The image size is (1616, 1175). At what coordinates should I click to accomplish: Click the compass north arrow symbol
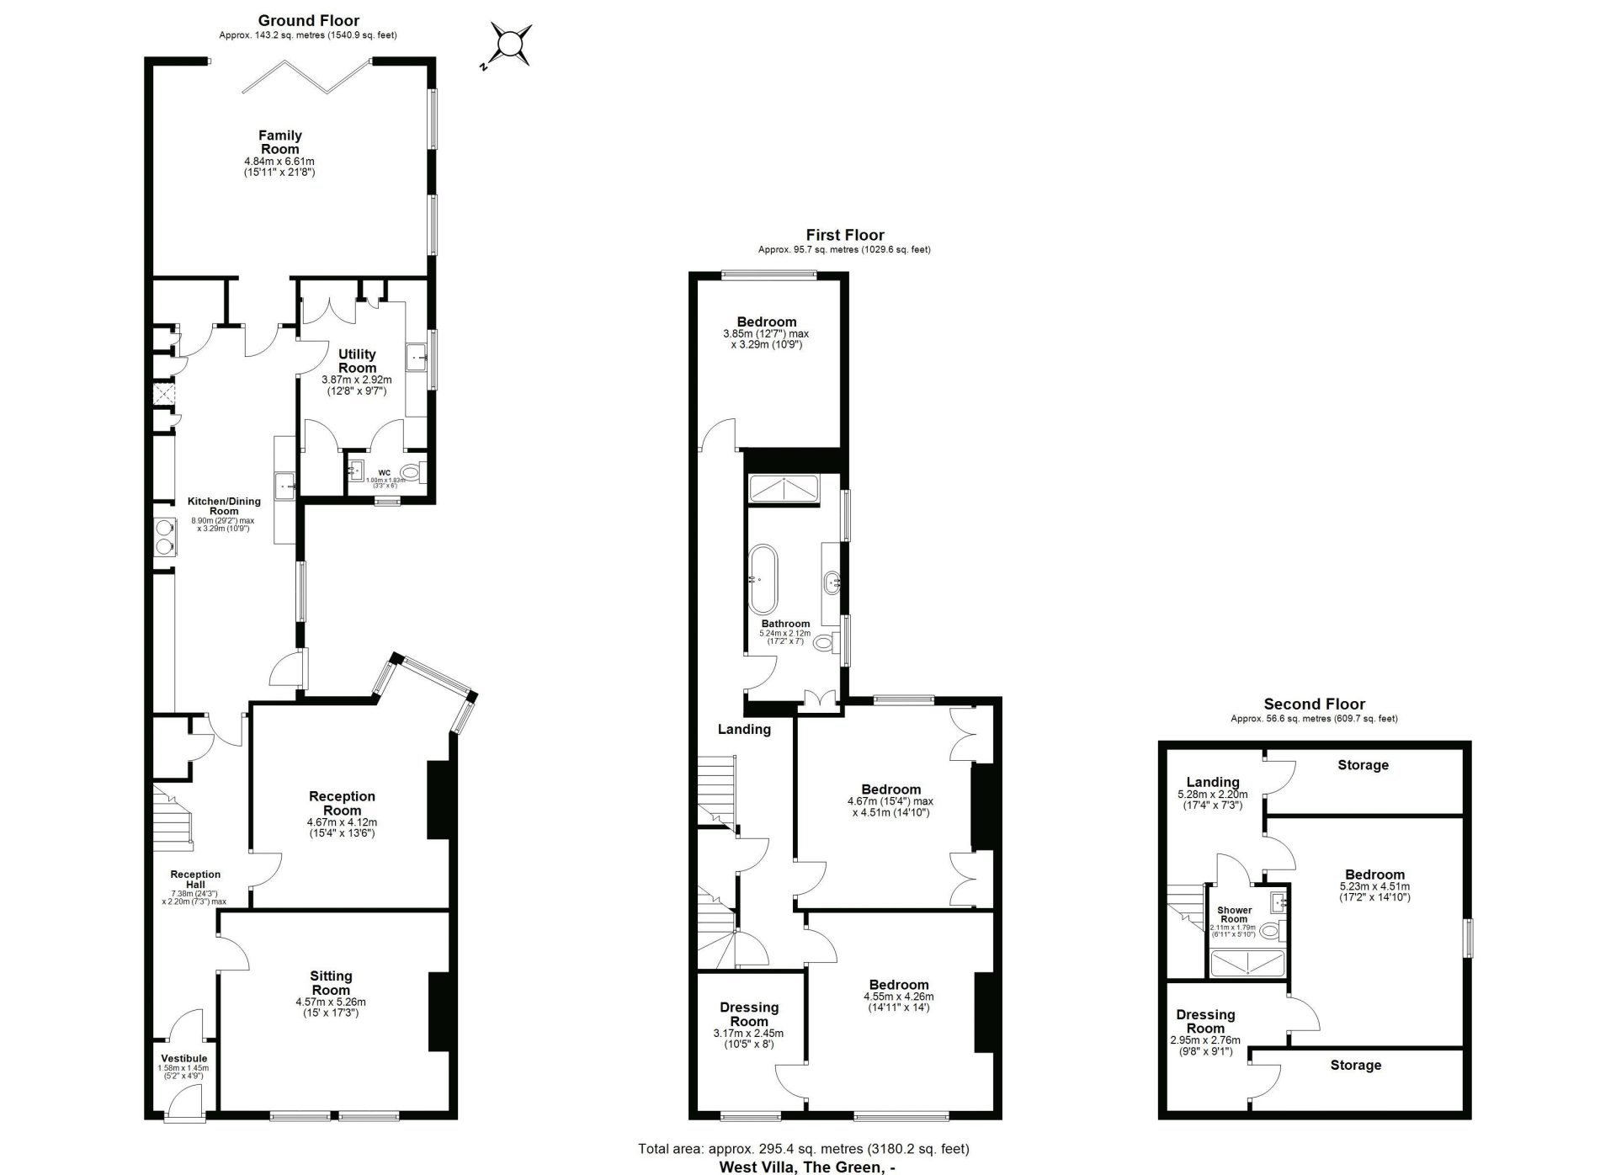point(509,44)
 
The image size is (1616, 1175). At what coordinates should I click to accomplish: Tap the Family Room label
point(279,142)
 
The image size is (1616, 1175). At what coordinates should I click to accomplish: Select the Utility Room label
point(357,361)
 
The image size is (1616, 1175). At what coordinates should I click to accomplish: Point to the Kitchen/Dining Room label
point(224,506)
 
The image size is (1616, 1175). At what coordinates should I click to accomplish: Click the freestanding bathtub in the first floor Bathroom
point(763,579)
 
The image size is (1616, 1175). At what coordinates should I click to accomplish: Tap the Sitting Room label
point(331,983)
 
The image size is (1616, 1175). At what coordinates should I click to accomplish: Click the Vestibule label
point(183,1059)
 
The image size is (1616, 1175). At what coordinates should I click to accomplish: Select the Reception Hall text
point(195,879)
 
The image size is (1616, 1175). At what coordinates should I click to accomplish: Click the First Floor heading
point(844,236)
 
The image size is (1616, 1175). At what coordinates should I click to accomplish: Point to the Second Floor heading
point(1314,704)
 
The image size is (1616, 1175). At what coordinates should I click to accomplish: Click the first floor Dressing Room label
point(748,1014)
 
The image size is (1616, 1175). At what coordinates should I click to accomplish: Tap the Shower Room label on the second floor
point(1234,914)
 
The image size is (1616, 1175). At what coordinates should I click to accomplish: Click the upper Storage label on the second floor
point(1363,765)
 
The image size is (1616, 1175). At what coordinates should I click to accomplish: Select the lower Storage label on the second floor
point(1355,1066)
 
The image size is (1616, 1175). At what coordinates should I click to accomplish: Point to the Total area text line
point(803,1149)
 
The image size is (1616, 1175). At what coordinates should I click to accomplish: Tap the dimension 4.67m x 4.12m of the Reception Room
point(342,822)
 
